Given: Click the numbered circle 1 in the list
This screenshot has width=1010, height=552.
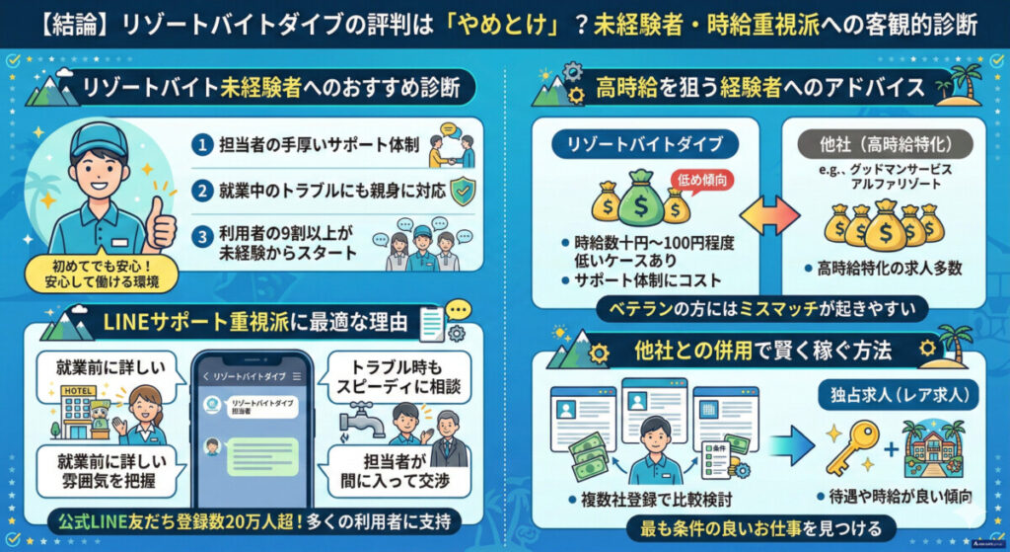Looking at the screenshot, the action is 201,144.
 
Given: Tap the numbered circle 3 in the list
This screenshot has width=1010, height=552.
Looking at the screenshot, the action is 201,236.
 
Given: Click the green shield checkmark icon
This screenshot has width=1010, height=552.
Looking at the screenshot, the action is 462,190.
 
